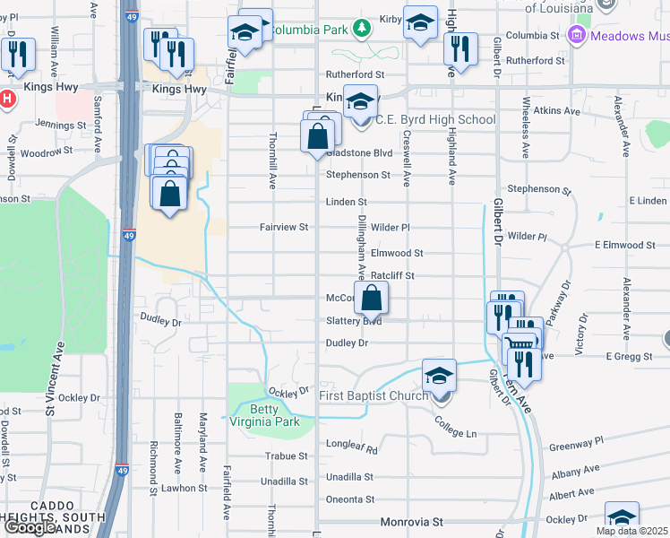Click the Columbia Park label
[309, 30]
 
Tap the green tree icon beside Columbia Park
[361, 29]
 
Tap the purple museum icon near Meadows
[577, 36]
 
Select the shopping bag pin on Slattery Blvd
[374, 297]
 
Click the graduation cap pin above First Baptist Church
[439, 375]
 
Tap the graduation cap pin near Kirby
[420, 22]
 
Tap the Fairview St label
[283, 228]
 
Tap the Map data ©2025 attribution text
[631, 531]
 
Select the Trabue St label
[287, 456]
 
